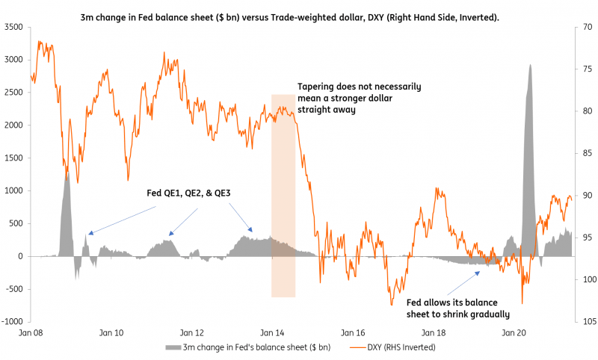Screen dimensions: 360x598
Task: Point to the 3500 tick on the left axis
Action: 14,27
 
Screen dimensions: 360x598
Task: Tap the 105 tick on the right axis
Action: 582,322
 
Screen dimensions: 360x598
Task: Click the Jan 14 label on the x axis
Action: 273,332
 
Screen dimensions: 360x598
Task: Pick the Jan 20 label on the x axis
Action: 513,332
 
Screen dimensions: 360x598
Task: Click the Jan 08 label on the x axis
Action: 32,332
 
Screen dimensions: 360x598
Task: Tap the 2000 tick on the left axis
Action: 14,125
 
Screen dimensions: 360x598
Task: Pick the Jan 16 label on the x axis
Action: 353,332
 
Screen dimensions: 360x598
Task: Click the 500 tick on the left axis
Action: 16,223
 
